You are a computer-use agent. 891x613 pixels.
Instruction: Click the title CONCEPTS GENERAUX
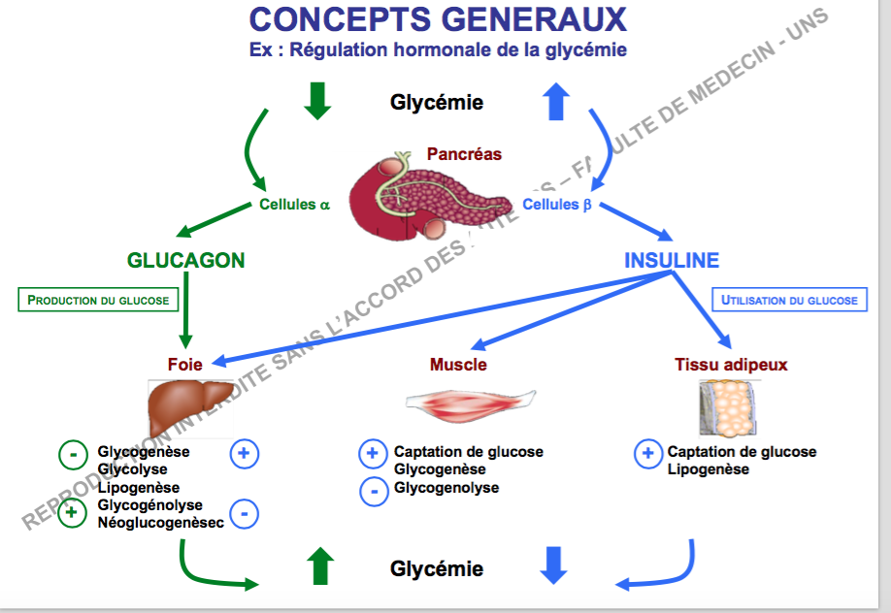click(x=438, y=18)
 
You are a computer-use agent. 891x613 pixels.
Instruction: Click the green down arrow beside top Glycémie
click(x=317, y=101)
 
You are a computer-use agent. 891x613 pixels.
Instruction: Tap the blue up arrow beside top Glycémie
click(x=556, y=101)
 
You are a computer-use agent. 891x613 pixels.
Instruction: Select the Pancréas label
click(x=464, y=154)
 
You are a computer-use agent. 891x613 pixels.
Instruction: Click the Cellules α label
click(x=294, y=205)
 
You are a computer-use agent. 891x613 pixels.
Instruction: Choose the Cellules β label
click(x=557, y=205)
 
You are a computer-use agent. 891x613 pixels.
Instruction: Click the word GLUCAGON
click(x=185, y=261)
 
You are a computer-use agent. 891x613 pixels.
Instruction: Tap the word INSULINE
click(x=672, y=261)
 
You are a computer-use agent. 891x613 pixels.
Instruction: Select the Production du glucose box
click(x=98, y=300)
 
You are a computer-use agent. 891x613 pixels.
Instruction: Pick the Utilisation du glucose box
click(x=789, y=301)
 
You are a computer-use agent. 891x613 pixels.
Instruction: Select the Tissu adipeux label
click(x=731, y=366)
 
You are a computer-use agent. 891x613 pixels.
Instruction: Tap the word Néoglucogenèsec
click(x=160, y=523)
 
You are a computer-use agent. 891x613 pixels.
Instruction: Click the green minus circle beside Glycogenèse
click(x=73, y=453)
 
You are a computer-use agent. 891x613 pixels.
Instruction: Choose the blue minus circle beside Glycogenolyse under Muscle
click(x=374, y=490)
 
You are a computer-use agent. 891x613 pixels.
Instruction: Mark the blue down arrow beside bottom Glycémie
click(x=553, y=565)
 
